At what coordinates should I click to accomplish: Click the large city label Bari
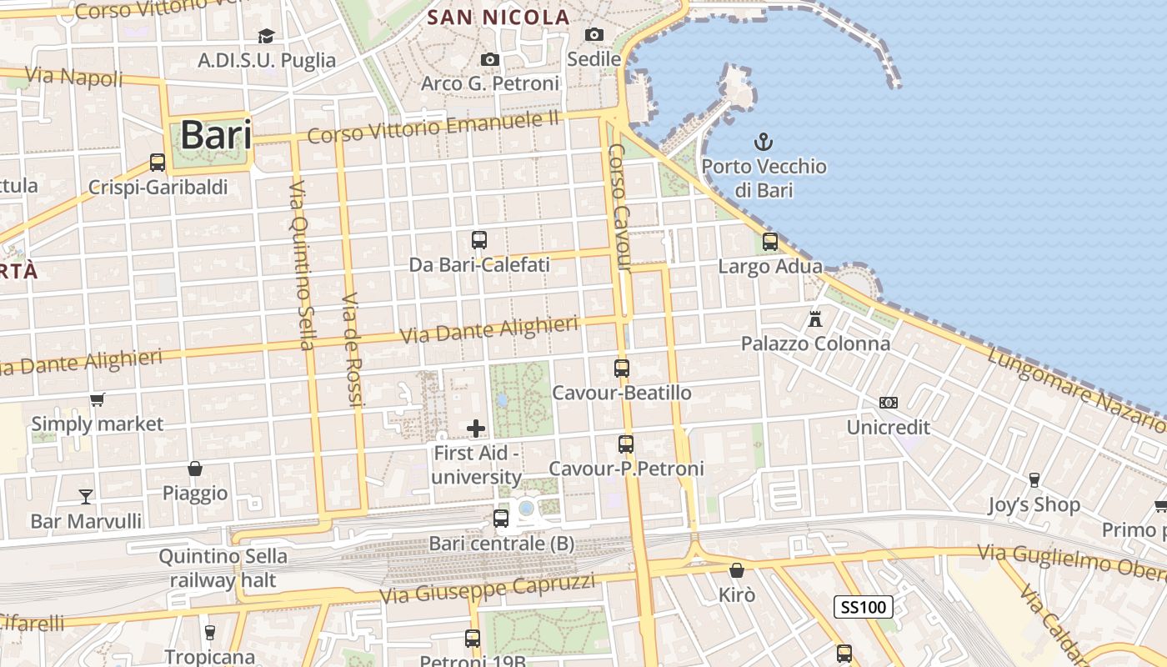[x=215, y=134]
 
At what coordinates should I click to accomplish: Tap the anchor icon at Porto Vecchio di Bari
[x=763, y=142]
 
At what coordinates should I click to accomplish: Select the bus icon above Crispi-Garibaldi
[x=158, y=162]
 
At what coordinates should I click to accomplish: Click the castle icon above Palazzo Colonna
[x=815, y=318]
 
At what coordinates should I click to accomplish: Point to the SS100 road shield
[x=863, y=607]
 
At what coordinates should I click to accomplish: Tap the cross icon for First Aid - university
[x=476, y=429]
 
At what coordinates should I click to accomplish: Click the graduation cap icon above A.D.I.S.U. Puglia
[x=266, y=36]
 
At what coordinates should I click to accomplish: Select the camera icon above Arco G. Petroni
[x=490, y=59]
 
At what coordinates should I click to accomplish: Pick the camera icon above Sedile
[x=594, y=34]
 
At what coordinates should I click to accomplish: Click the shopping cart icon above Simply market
[x=97, y=399]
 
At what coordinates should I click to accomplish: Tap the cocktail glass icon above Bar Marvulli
[x=86, y=497]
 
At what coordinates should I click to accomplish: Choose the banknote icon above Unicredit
[x=888, y=403]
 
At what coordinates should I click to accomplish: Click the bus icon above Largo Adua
[x=770, y=242]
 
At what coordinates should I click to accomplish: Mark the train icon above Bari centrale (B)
[x=501, y=519]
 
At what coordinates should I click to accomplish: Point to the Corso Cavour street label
[x=619, y=208]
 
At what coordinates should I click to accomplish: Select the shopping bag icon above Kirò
[x=736, y=570]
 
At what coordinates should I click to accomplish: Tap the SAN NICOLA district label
[x=498, y=17]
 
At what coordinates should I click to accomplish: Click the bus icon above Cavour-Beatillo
[x=621, y=368]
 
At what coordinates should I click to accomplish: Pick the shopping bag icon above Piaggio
[x=195, y=469]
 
